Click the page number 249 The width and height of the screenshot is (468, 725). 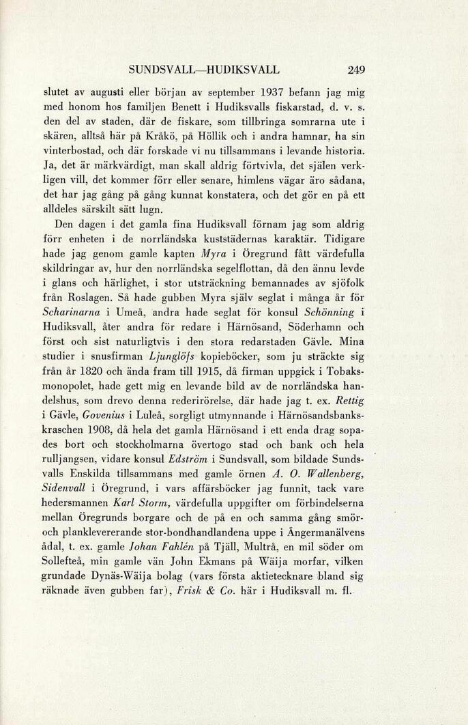tap(356, 69)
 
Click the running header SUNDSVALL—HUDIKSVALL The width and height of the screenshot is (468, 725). tap(203, 69)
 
